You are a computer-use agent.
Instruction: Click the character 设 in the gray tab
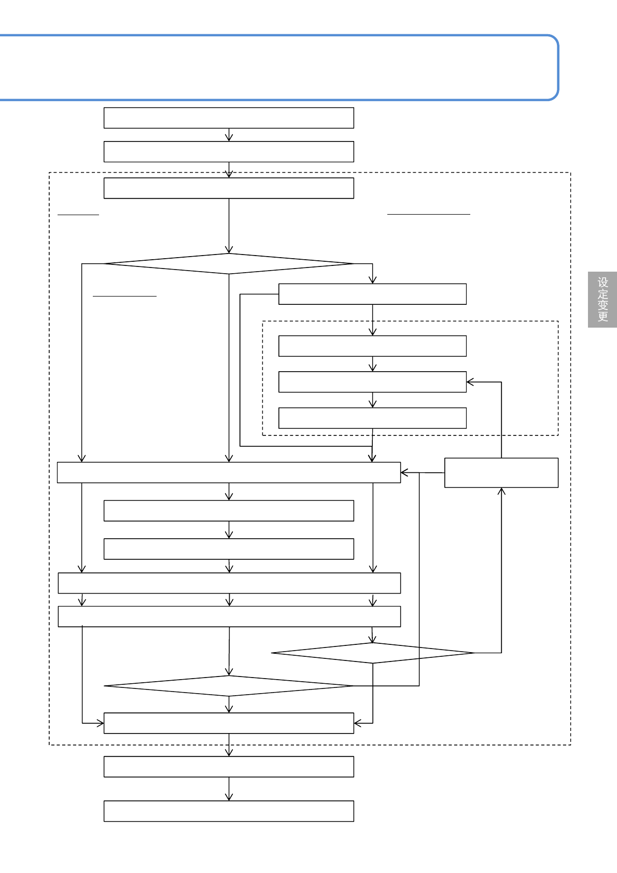pos(602,283)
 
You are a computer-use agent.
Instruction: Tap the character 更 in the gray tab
pos(602,316)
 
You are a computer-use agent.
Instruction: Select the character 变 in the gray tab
pos(602,305)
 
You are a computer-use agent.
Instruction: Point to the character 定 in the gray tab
pos(602,294)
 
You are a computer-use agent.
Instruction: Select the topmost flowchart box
pos(229,118)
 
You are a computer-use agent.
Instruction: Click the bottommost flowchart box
pos(229,811)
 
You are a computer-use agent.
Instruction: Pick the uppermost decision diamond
pos(229,263)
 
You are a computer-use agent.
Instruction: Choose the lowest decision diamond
pos(229,686)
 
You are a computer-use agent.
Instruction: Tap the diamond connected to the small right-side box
pos(372,653)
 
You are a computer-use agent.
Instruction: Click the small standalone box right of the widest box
pos(501,472)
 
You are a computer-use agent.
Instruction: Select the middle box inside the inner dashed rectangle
pos(372,382)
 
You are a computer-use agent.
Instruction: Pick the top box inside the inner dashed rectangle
pos(372,346)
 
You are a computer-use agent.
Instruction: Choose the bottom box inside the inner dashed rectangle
pos(372,418)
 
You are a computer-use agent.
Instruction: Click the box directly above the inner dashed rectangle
pos(372,294)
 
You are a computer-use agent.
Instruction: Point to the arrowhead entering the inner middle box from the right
pos(469,382)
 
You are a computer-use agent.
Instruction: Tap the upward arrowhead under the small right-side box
pos(501,490)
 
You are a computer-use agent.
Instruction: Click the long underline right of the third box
pos(428,214)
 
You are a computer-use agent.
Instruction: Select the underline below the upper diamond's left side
pos(124,296)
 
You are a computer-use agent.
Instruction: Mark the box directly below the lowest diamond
pos(229,723)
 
